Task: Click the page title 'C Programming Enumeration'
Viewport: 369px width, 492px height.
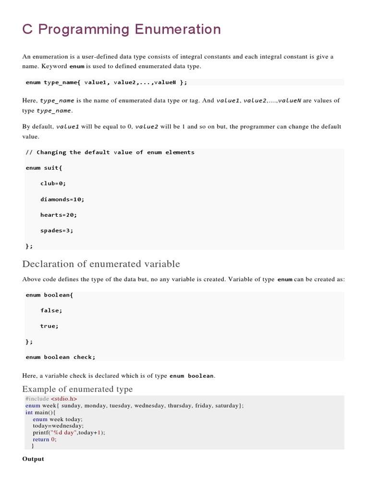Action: (x=122, y=30)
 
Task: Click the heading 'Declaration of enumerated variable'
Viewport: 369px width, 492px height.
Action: (x=101, y=264)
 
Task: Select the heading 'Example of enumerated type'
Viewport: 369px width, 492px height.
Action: (x=77, y=389)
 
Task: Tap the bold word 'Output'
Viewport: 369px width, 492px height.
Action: (x=33, y=459)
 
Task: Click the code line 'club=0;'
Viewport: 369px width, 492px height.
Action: (x=53, y=183)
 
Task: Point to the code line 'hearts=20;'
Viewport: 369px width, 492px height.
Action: (x=59, y=215)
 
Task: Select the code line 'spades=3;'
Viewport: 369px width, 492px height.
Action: (x=57, y=230)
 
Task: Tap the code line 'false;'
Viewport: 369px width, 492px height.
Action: (x=51, y=310)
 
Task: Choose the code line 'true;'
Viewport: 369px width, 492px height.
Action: (x=49, y=326)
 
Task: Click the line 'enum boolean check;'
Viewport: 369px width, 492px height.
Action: (x=61, y=357)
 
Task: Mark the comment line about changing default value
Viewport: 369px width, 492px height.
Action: (x=110, y=152)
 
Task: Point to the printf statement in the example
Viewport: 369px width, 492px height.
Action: (x=69, y=432)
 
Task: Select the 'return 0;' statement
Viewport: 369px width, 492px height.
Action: (x=45, y=439)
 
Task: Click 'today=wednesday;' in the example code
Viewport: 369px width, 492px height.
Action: (x=58, y=426)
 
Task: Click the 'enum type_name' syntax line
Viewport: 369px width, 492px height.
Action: (x=106, y=82)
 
